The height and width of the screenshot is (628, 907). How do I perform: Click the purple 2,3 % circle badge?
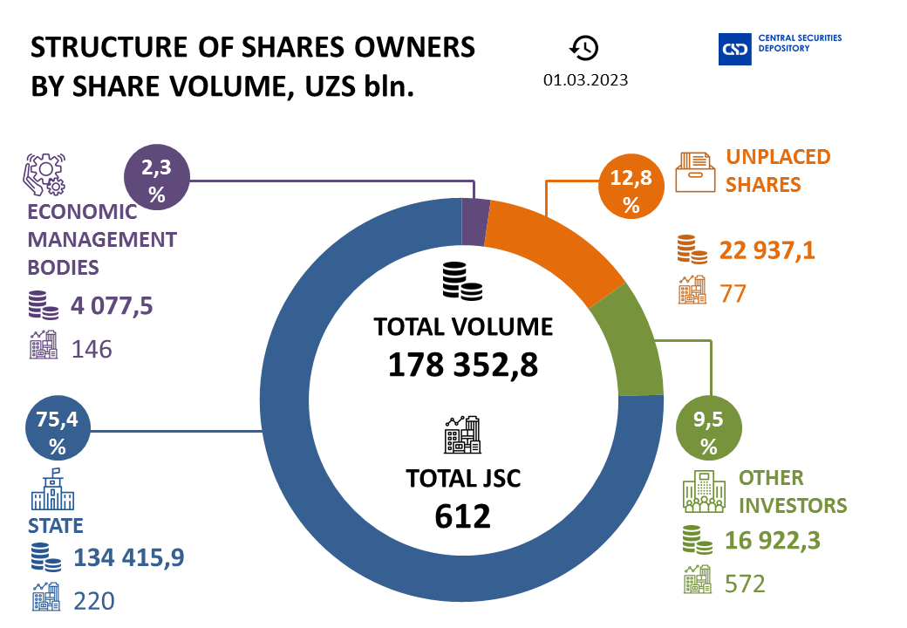[157, 181]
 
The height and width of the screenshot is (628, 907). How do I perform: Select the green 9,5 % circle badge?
[708, 432]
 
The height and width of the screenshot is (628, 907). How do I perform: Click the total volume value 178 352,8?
[462, 364]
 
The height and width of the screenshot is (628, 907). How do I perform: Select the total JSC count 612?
[462, 515]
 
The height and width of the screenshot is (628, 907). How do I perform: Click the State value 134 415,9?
[130, 556]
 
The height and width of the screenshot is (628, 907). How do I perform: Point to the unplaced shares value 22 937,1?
[767, 251]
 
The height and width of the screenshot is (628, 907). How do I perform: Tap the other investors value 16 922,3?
[773, 543]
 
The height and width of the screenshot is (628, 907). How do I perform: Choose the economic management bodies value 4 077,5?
[111, 308]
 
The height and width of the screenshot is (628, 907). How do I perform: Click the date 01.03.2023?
[585, 79]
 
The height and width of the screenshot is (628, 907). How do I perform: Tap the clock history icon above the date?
[584, 47]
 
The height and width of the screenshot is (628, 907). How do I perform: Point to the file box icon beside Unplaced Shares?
[695, 172]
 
